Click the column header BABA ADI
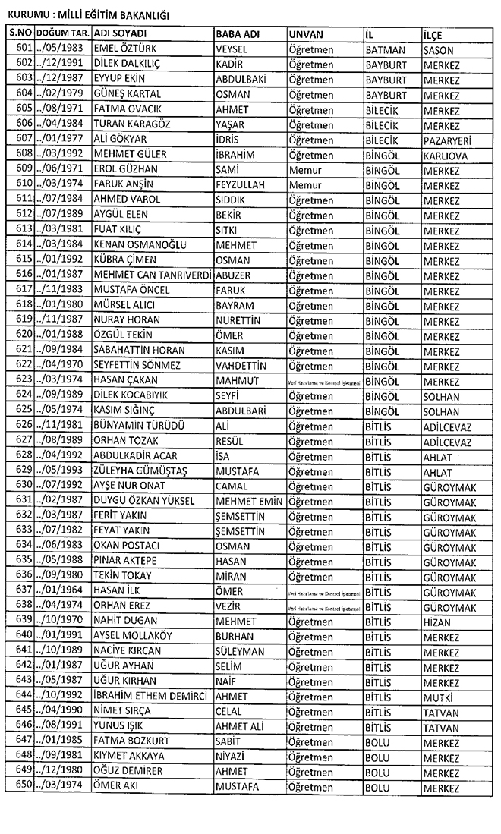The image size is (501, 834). click(238, 35)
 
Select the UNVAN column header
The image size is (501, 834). click(307, 35)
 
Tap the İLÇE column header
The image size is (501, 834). click(434, 35)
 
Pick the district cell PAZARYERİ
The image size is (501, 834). click(450, 139)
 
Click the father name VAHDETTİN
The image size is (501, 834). click(245, 364)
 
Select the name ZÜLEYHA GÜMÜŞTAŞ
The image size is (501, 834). click(140, 470)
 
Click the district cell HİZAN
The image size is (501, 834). click(438, 621)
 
